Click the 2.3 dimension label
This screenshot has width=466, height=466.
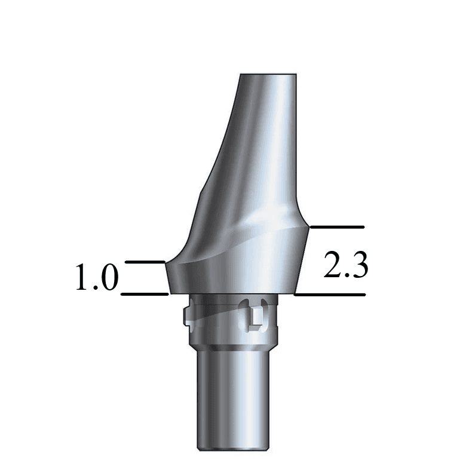coord(345,266)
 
